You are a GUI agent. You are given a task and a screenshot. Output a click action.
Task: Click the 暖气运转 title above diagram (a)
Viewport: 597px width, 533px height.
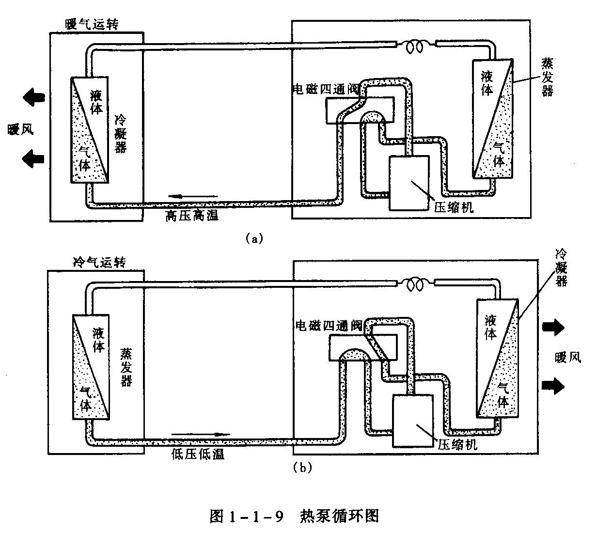pyautogui.click(x=92, y=24)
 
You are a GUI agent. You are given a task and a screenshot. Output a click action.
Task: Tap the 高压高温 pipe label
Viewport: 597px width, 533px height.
pyautogui.click(x=192, y=216)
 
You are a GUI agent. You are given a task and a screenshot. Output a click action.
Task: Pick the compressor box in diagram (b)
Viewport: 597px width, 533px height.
pyautogui.click(x=413, y=420)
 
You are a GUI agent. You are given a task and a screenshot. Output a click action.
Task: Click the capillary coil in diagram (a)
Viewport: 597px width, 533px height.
pyautogui.click(x=415, y=46)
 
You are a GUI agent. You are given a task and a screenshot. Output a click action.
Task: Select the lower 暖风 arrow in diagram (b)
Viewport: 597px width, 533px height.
pyautogui.click(x=553, y=385)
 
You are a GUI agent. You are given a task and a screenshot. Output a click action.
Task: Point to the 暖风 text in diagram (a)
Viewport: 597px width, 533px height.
pyautogui.click(x=20, y=129)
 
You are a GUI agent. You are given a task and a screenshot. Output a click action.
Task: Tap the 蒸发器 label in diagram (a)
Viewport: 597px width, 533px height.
pyautogui.click(x=548, y=77)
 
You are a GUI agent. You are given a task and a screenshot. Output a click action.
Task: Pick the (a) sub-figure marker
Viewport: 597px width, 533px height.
pyautogui.click(x=254, y=238)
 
